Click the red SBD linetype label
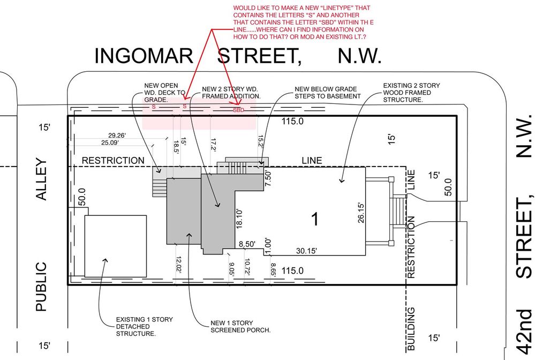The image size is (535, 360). point(239,110)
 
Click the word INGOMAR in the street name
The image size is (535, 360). point(144,56)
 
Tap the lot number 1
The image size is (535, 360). point(315,219)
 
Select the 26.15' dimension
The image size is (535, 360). point(361,213)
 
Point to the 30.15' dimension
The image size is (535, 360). point(306,251)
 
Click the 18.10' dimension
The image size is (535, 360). point(239,219)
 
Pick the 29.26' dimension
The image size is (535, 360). point(117,136)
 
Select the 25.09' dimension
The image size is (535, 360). point(110,142)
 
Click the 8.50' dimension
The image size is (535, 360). point(247,244)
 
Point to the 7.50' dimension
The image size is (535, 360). point(268,178)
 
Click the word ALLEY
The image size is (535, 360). point(41,179)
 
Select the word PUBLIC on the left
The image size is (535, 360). point(41,287)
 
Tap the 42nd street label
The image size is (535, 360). point(524,333)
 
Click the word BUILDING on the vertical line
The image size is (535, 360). point(411,328)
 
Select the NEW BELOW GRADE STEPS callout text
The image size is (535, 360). point(328,93)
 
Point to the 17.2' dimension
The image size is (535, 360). point(214,145)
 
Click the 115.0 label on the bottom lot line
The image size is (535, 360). point(292,271)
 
